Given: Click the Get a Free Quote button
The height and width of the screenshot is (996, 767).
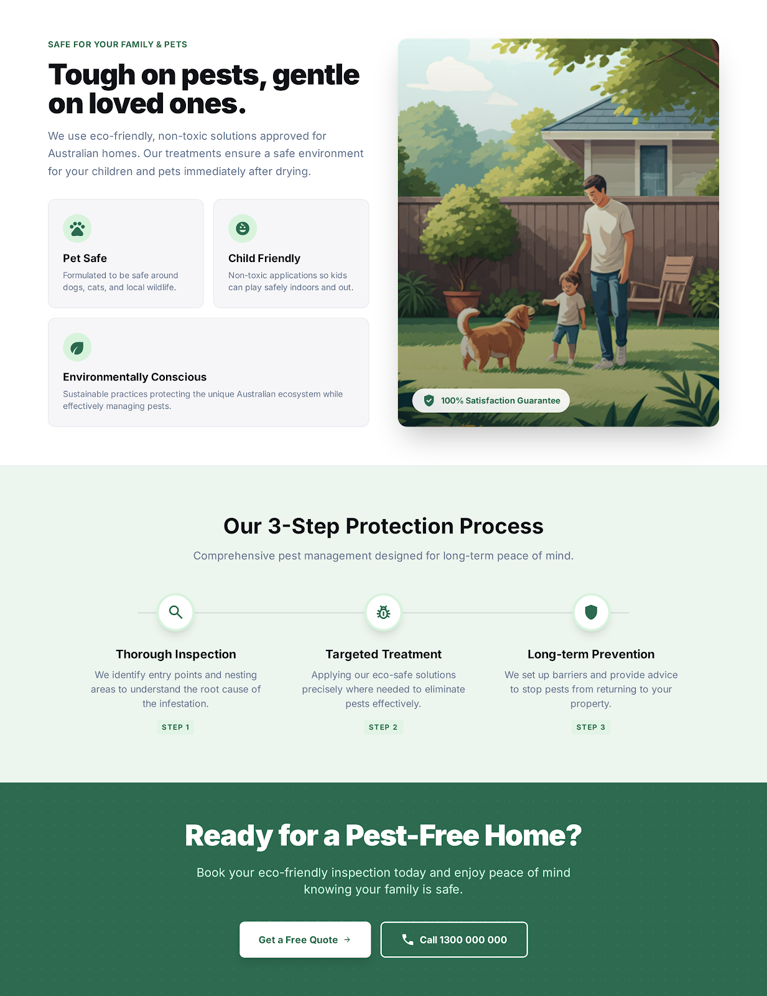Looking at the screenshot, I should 305,939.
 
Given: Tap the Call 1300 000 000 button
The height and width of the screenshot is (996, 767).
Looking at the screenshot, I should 454,939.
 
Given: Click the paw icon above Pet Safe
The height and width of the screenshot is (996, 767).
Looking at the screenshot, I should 77,228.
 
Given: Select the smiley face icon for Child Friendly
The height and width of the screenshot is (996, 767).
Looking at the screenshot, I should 243,228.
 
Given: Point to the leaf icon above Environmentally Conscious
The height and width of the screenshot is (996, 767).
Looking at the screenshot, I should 77,347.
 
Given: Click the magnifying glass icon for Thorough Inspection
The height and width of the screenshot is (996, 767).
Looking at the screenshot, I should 176,613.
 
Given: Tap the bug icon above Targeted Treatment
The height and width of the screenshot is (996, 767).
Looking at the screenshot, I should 383,613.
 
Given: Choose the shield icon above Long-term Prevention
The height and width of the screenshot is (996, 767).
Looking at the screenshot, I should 591,613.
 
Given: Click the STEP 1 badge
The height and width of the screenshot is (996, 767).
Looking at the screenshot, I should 175,727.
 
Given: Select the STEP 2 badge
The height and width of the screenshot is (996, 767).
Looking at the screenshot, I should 383,727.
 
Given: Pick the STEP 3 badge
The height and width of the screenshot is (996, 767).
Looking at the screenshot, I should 591,727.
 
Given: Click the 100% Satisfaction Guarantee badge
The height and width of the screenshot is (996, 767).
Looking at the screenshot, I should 491,400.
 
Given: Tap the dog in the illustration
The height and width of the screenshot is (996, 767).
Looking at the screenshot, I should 495,336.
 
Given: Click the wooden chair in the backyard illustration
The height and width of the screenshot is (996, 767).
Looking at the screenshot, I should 669,286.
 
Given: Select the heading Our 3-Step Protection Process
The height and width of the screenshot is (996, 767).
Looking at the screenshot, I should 383,526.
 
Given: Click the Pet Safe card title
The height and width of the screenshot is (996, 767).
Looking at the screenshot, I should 85,258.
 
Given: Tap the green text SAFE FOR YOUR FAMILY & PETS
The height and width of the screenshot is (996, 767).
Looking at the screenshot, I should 118,44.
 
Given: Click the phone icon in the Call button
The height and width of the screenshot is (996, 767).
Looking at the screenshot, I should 407,939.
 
